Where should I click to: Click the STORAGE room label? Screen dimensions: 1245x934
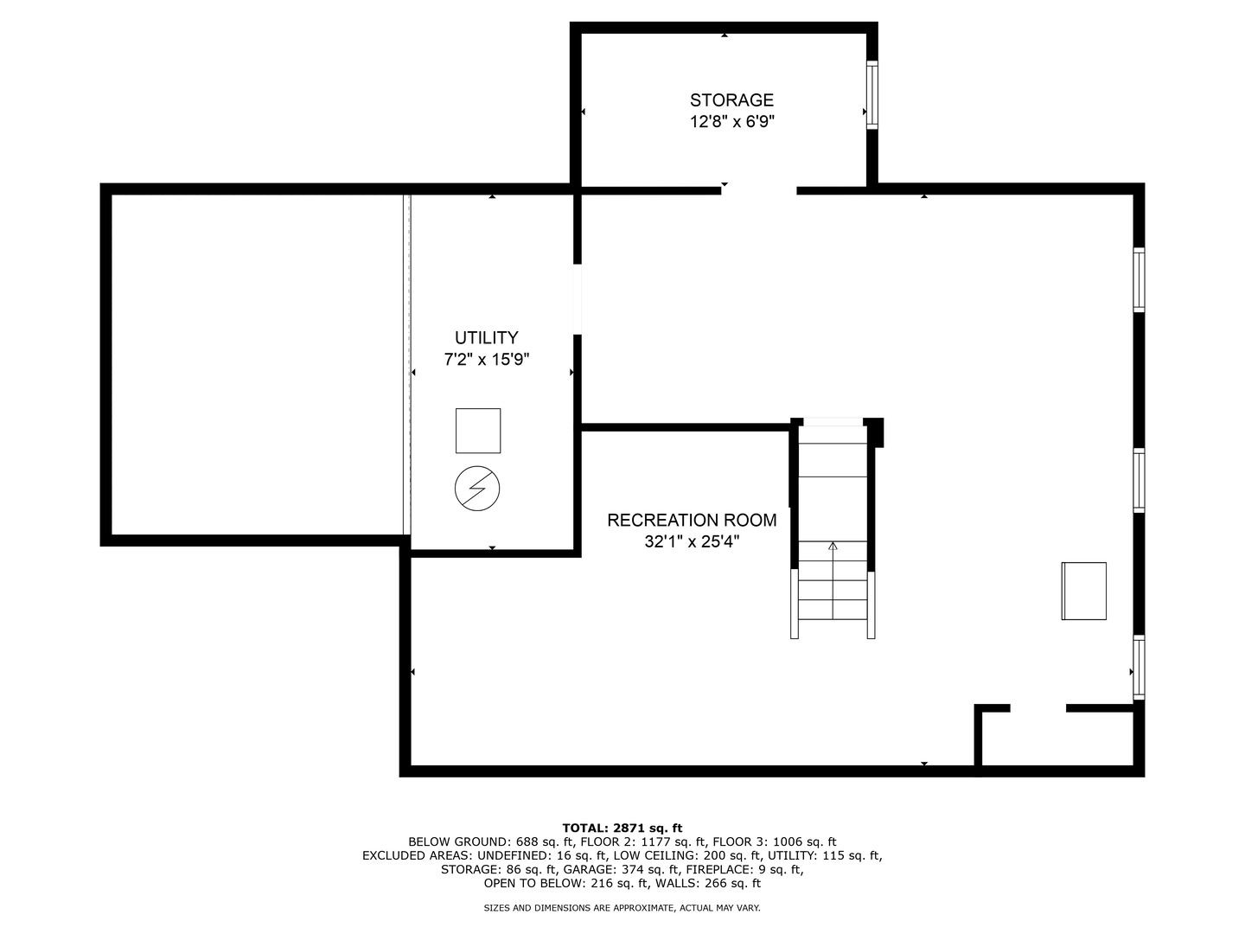click(x=731, y=100)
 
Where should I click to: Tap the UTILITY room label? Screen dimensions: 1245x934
click(x=486, y=338)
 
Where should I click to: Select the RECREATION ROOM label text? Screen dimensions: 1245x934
click(x=692, y=520)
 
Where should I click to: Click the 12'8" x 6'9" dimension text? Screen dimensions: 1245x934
click(x=731, y=122)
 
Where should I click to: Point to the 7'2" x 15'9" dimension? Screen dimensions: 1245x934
click(x=486, y=360)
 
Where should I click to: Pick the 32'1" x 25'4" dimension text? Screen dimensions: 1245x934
click(x=692, y=541)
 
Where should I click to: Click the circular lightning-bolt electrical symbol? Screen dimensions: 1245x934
click(x=477, y=489)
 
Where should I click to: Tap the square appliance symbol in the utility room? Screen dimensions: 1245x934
click(x=478, y=431)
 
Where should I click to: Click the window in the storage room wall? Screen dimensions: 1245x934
click(x=871, y=95)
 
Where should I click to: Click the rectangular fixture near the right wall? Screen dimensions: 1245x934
click(x=1083, y=591)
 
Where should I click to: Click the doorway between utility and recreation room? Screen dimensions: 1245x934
click(x=578, y=299)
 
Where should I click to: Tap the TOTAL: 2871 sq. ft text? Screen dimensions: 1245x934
click(x=622, y=828)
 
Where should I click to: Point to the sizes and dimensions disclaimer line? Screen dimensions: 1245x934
click(x=622, y=908)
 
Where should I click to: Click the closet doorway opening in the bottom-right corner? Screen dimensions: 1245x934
click(x=1038, y=708)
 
